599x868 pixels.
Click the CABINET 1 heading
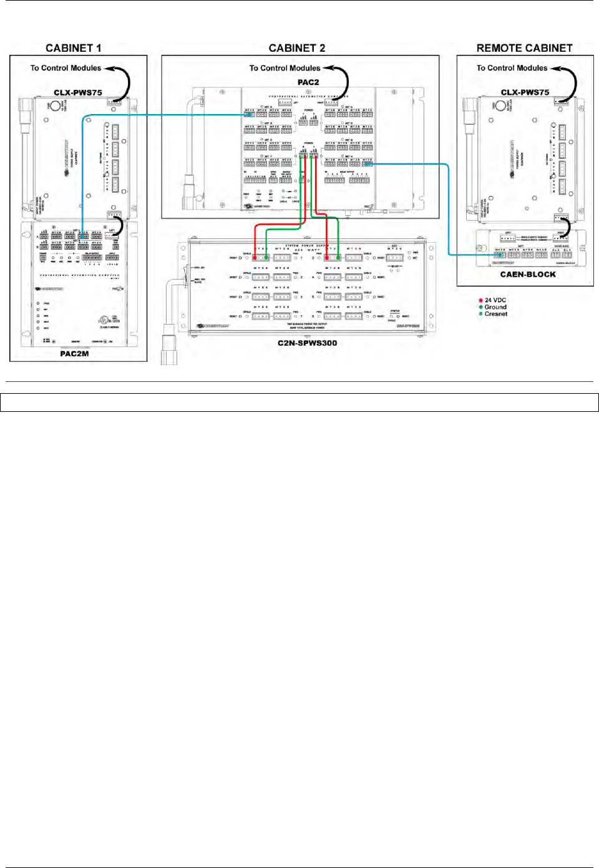point(73,48)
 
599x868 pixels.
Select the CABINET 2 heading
point(296,48)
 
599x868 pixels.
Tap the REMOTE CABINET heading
point(524,48)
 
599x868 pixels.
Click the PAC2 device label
point(308,82)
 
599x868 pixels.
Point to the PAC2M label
point(74,354)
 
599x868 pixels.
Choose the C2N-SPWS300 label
point(307,343)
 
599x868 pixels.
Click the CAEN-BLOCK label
point(528,275)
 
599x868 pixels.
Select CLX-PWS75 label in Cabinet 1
point(77,93)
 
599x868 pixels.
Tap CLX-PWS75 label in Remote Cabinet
point(525,92)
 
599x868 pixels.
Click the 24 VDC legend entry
point(495,300)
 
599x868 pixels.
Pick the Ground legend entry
point(495,307)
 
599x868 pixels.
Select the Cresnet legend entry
point(496,314)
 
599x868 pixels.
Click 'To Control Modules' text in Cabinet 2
point(285,68)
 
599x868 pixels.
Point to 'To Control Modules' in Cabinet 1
point(66,68)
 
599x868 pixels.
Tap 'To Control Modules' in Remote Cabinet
point(512,68)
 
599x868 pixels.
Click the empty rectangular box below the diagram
point(299,402)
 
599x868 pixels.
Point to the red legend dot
point(480,300)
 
